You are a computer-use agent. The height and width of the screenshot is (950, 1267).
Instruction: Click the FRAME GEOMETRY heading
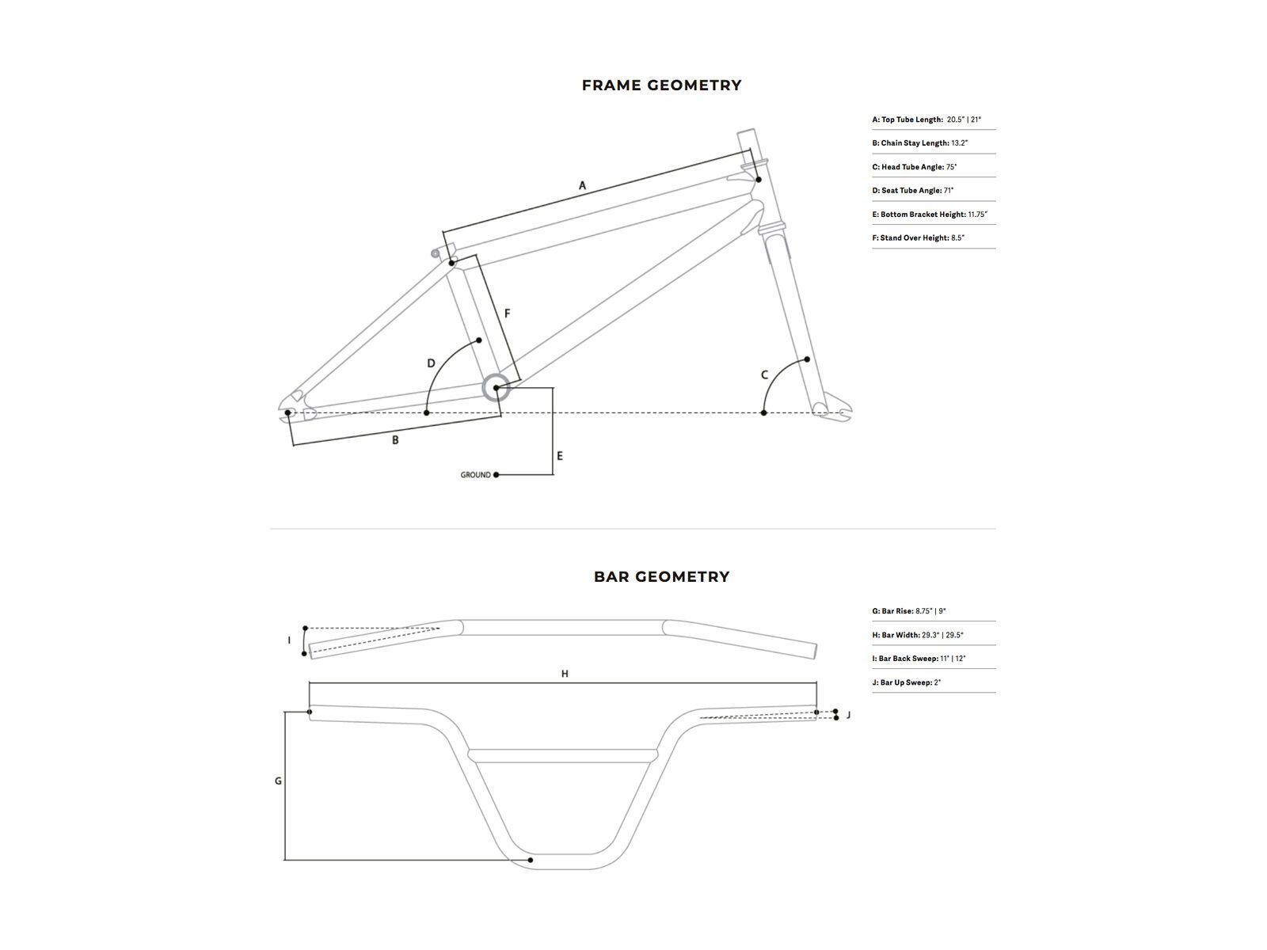point(661,85)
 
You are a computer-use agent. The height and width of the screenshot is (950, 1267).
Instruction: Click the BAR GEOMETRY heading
point(661,577)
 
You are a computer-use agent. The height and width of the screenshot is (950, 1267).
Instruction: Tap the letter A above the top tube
point(582,186)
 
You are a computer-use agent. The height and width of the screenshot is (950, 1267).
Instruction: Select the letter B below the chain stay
point(395,440)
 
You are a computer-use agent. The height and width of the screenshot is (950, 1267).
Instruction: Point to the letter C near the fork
point(764,375)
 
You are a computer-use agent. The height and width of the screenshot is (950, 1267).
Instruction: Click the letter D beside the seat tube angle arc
point(431,364)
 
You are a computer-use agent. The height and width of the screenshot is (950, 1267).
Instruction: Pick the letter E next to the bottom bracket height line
point(560,456)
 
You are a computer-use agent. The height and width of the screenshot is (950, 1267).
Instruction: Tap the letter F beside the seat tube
point(507,313)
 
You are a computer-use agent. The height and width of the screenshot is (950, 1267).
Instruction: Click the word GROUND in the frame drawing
point(475,475)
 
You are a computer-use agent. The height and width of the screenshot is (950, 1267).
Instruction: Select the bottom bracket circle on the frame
point(496,388)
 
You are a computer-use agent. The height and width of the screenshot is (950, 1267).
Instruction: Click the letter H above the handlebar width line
point(565,674)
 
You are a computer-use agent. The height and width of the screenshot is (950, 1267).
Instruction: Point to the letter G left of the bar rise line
point(278,781)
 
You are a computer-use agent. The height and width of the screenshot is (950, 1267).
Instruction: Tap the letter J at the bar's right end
point(848,715)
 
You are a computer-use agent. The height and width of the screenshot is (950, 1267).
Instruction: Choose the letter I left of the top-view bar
point(289,640)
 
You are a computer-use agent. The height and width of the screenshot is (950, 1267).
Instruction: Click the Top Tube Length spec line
point(926,120)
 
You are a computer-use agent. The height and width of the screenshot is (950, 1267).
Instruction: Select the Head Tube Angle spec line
point(915,167)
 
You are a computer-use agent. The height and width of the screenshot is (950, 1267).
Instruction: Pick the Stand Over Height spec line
point(919,237)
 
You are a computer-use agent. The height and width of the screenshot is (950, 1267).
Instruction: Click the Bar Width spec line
point(918,635)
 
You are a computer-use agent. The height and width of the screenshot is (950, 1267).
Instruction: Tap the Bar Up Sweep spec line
point(907,682)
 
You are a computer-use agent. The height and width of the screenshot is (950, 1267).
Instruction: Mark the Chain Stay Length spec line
point(920,143)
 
